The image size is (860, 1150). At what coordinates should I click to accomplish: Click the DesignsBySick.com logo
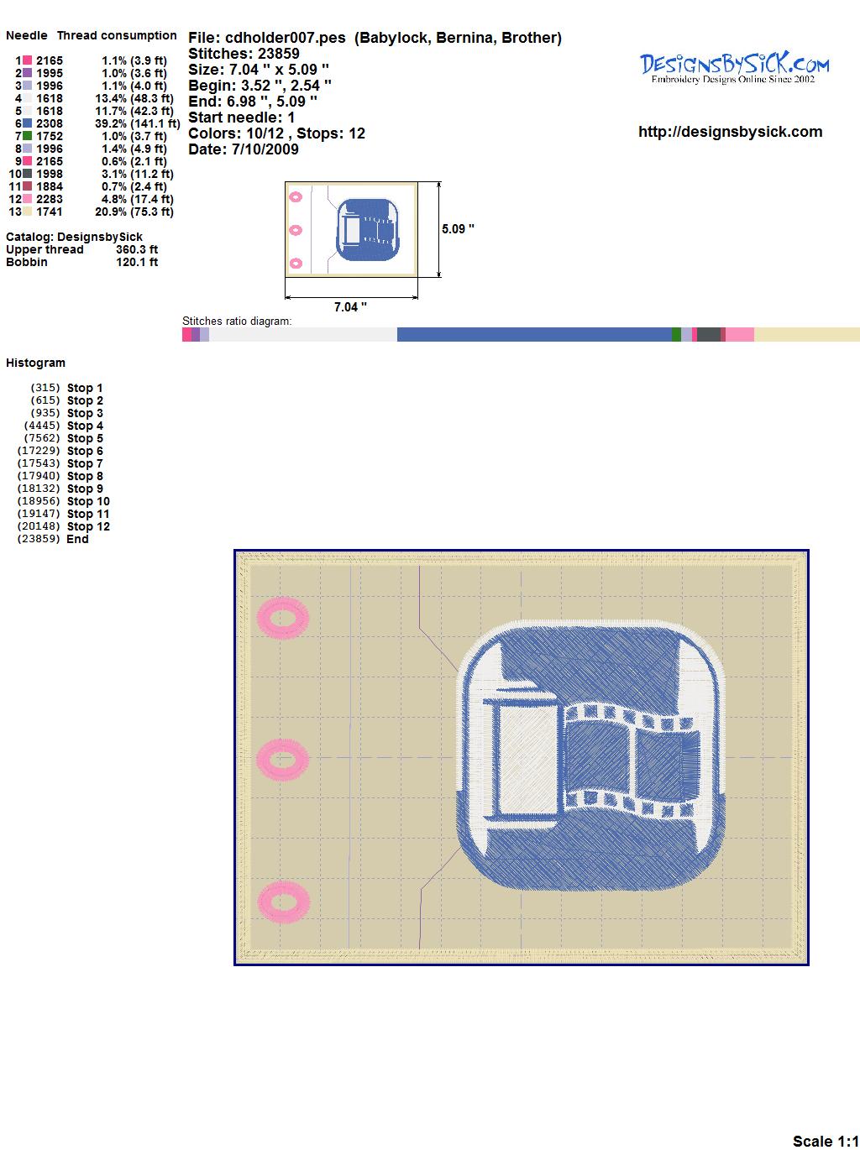[x=734, y=68]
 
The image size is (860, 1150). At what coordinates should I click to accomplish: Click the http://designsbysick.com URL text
[x=730, y=132]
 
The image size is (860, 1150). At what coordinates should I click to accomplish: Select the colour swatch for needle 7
[x=27, y=136]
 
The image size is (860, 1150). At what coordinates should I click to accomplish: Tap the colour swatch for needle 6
[x=27, y=123]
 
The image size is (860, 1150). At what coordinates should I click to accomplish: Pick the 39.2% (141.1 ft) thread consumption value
[x=137, y=123]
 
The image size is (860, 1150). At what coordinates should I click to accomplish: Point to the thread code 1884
[x=50, y=186]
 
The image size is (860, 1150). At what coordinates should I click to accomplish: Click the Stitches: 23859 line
[x=244, y=54]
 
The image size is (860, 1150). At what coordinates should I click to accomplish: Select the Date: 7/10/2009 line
[x=244, y=149]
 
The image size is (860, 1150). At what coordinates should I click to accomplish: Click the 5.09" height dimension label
[x=458, y=229]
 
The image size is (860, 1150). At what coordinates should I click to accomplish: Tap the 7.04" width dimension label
[x=350, y=307]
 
